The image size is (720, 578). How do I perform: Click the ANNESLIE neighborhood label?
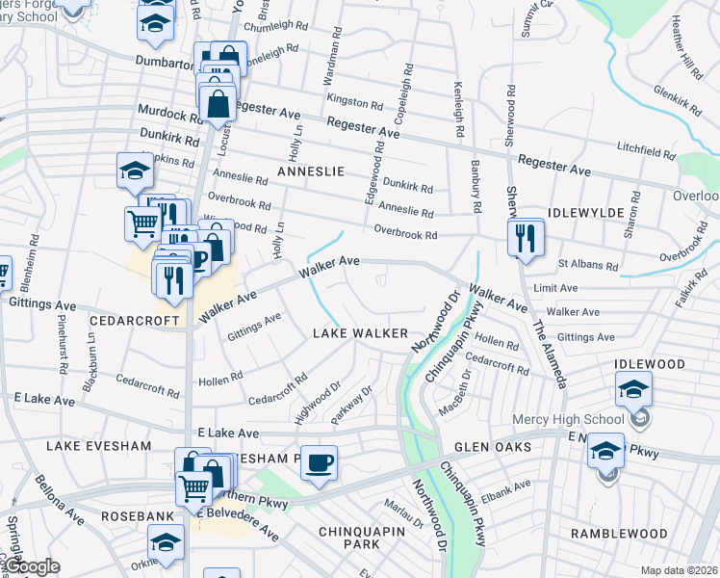click(x=310, y=171)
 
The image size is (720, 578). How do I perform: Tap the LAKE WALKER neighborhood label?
click(x=361, y=333)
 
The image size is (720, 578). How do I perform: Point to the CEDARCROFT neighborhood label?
click(x=136, y=320)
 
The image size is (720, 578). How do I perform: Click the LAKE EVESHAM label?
click(x=91, y=447)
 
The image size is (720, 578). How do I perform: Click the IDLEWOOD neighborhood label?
click(x=652, y=365)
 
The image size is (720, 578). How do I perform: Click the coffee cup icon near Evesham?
click(x=319, y=462)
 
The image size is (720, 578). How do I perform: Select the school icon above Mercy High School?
click(x=633, y=389)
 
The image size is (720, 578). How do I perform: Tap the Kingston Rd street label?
click(x=347, y=101)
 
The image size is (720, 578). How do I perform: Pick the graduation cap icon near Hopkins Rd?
click(x=135, y=171)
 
